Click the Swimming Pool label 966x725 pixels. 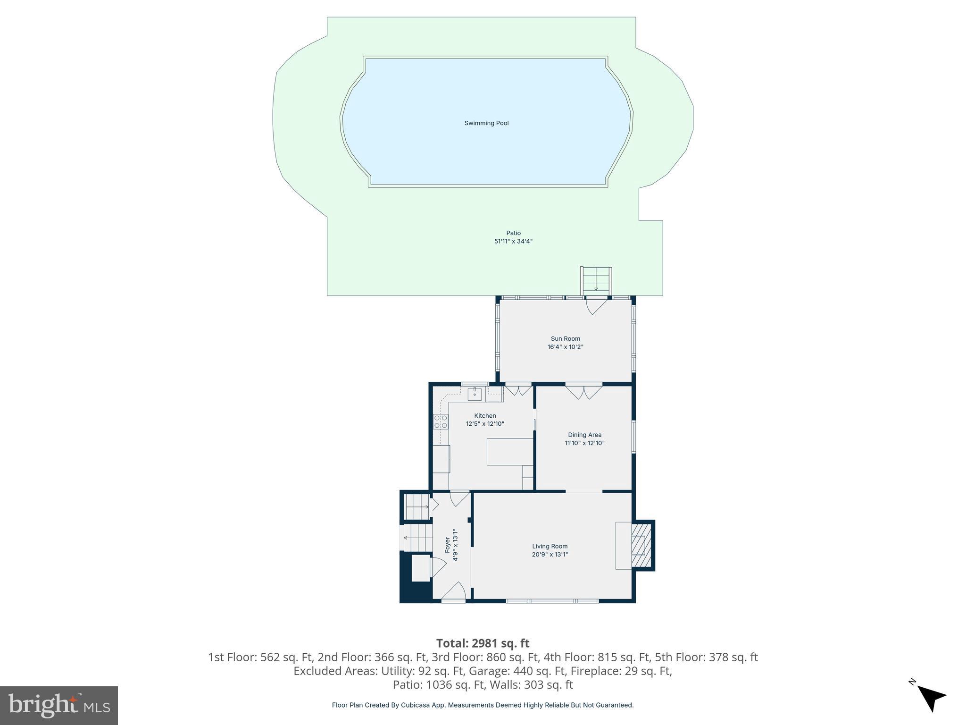[x=486, y=123]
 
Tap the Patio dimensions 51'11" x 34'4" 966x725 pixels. [x=513, y=241]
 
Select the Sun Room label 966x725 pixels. [x=565, y=338]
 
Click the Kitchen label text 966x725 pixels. [x=485, y=416]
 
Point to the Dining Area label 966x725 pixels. [x=584, y=435]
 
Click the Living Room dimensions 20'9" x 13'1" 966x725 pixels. [x=550, y=555]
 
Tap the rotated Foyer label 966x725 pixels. [x=447, y=545]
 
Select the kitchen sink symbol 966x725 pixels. [x=475, y=394]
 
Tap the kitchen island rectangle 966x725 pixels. [x=509, y=452]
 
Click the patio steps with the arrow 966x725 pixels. [x=596, y=280]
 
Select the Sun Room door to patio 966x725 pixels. [x=596, y=306]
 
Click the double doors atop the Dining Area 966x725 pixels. [x=584, y=392]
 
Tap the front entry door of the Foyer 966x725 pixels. [x=454, y=592]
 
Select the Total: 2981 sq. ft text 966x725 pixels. [x=483, y=643]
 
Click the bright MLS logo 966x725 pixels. [x=59, y=705]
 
